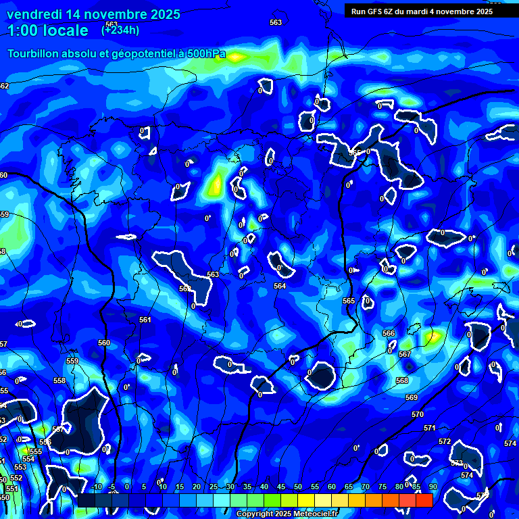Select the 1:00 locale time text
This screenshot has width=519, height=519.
[48, 30]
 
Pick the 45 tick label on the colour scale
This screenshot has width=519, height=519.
[281, 487]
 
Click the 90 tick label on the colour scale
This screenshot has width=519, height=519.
[432, 487]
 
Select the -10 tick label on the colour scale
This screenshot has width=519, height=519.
[96, 487]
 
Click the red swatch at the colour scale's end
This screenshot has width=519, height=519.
[424, 500]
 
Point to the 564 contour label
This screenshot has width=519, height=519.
[279, 287]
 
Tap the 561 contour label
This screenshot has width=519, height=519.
[145, 320]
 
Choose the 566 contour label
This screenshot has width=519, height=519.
[389, 334]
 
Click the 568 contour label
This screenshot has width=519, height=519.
[402, 380]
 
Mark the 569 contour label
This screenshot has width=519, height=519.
[412, 397]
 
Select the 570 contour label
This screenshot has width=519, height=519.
[418, 414]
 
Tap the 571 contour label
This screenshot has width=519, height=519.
[430, 428]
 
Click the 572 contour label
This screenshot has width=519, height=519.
[444, 441]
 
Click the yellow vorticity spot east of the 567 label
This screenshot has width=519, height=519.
[432, 335]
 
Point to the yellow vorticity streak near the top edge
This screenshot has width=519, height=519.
[236, 57]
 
